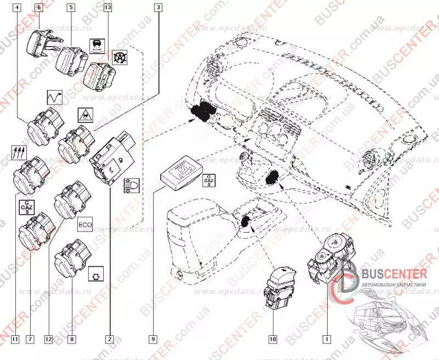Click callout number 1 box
click(328, 339)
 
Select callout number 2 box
click(110, 339)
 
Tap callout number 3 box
click(159, 8)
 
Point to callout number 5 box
click(71, 8)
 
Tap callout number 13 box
click(107, 8)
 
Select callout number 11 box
click(15, 339)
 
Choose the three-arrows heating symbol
click(19, 151)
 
